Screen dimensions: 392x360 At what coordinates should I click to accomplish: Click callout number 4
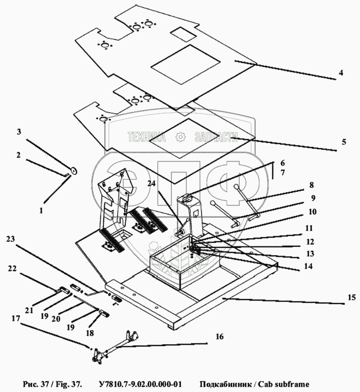click(341, 73)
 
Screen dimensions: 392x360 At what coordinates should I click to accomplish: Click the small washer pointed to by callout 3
click(73, 171)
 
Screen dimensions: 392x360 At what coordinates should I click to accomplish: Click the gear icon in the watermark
click(180, 136)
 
